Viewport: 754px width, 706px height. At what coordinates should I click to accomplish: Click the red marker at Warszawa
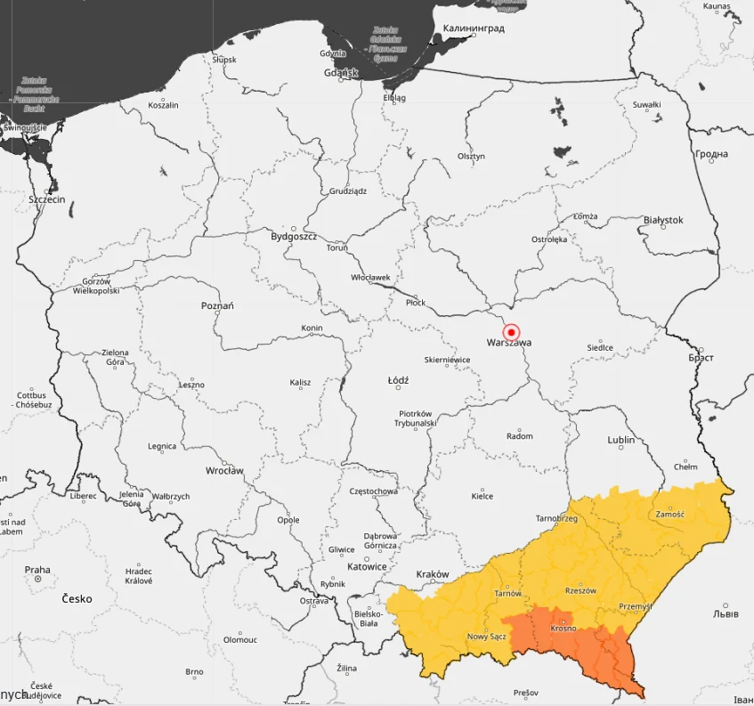511,331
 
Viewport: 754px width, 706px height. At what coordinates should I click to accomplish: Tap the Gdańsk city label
341,72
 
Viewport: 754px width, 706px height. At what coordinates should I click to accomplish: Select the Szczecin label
47,199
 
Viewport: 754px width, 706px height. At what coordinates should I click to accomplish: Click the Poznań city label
217,305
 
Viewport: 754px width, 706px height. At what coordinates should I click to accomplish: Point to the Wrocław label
224,470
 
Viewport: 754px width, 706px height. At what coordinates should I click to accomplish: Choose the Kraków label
433,574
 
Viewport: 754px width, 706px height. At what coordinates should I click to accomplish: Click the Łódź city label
398,380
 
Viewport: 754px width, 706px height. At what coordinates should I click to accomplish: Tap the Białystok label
663,220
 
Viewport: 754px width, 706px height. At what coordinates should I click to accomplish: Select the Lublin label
620,440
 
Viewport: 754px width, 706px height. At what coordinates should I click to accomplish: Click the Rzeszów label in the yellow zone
580,590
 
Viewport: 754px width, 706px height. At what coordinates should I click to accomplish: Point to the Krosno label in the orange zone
563,629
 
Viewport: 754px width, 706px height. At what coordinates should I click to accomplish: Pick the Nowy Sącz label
487,637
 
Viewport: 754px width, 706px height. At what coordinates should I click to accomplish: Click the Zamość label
669,514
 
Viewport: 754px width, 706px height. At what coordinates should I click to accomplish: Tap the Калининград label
474,28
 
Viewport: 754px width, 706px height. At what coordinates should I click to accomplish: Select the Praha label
37,570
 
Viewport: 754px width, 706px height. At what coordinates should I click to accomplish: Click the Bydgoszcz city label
294,237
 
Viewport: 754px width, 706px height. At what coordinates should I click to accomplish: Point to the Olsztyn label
472,156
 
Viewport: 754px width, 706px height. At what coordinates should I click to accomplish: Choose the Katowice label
367,566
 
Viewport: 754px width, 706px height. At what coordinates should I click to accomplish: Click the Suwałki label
646,105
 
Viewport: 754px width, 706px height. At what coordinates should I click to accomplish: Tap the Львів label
726,614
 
